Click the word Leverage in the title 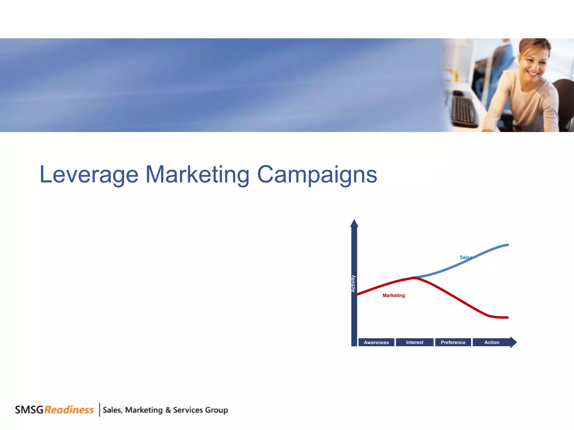pyautogui.click(x=89, y=175)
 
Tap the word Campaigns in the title pyautogui.click(x=317, y=175)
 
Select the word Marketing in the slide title pyautogui.click(x=197, y=175)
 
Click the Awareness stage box pyautogui.click(x=376, y=342)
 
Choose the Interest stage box pyautogui.click(x=415, y=342)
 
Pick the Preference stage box pyautogui.click(x=453, y=342)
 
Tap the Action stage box pyautogui.click(x=492, y=342)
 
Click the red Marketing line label pyautogui.click(x=394, y=295)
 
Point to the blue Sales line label pyautogui.click(x=466, y=257)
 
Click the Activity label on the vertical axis pyautogui.click(x=353, y=283)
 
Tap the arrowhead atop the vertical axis pyautogui.click(x=354, y=223)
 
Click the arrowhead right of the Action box pyautogui.click(x=513, y=342)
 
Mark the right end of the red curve pyautogui.click(x=507, y=317)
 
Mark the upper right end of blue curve pyautogui.click(x=508, y=245)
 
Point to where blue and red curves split pyautogui.click(x=414, y=277)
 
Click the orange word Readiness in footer pyautogui.click(x=69, y=410)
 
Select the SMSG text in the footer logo pyautogui.click(x=29, y=410)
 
